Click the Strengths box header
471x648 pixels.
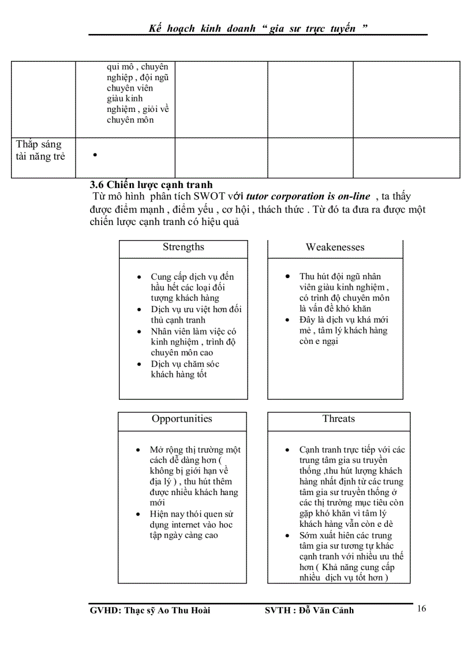coord(183,248)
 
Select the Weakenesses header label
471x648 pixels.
coord(335,248)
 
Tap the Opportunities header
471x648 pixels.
coord(182,419)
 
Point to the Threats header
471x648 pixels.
coord(338,419)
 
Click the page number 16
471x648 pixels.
coord(421,609)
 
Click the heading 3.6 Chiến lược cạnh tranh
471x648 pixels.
coord(151,185)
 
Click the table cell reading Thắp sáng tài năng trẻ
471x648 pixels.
coord(40,151)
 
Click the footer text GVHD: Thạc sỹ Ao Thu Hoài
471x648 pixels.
coord(150,610)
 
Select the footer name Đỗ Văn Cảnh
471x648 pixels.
coord(326,610)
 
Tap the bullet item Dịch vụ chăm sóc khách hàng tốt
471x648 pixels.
coord(185,369)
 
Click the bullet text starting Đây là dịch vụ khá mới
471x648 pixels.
coord(343,331)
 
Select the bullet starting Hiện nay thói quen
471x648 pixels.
coord(190,525)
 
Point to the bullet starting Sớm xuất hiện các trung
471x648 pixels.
coord(345,557)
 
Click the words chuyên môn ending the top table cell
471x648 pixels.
coord(130,120)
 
